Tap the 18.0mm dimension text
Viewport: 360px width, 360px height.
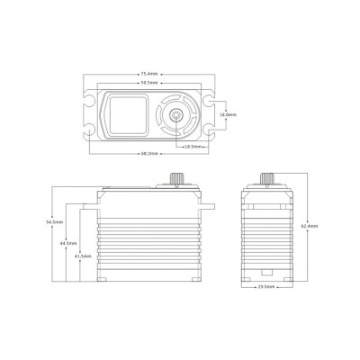tap(229, 115)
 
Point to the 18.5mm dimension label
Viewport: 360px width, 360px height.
tap(192, 146)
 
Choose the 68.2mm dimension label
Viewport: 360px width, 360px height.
tap(149, 155)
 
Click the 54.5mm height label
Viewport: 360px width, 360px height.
tap(54, 221)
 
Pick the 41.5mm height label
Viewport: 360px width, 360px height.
tap(83, 256)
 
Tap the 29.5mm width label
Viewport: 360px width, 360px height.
tap(265, 288)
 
